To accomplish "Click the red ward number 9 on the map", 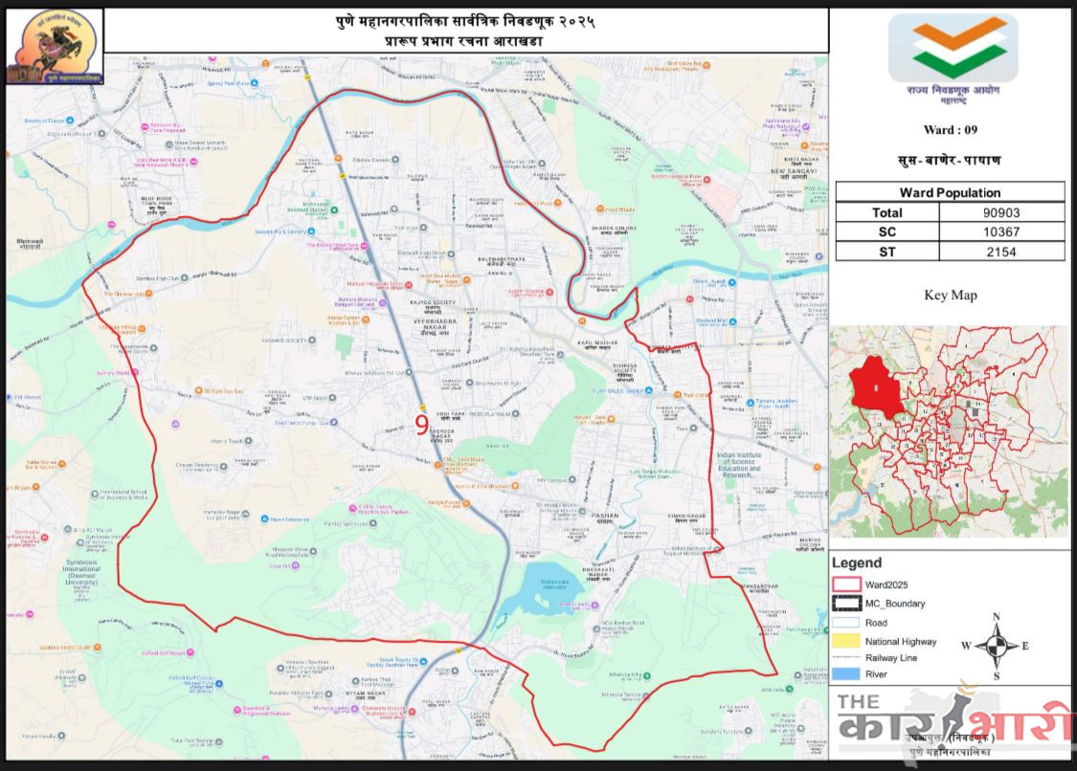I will click(422, 424).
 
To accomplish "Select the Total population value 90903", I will click(1001, 212).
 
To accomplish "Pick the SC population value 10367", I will click(1001, 232).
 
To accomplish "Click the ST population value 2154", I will click(1001, 253).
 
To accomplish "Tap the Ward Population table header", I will click(950, 192).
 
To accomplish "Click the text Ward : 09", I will click(950, 129).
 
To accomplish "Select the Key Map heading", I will click(950, 295).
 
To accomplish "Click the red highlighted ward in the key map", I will click(877, 385).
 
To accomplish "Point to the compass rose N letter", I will click(997, 617).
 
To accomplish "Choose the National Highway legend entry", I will click(901, 641).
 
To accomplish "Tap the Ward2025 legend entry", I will click(886, 584).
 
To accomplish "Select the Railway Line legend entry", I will click(891, 658).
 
